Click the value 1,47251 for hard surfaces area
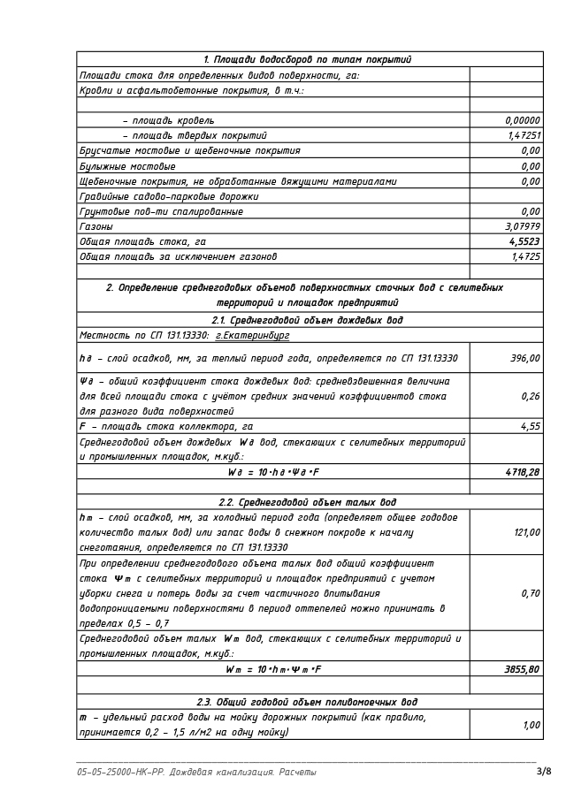coord(524,135)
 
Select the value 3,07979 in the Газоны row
coord(523,226)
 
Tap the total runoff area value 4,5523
coord(524,241)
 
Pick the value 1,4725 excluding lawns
coord(525,256)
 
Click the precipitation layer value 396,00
coord(525,358)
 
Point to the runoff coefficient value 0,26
coord(531,396)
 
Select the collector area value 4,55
coord(531,426)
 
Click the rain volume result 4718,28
coord(523,472)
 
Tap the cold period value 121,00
coord(525,532)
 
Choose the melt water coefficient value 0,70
coord(531,593)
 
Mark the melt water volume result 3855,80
coord(522,669)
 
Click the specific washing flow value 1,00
coord(532,725)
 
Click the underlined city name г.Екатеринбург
coord(252,336)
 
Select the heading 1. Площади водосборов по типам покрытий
coord(307,59)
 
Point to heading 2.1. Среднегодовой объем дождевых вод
coord(307,320)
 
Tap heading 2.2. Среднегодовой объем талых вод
coord(307,502)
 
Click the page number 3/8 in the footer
coord(544,772)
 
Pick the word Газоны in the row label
coord(96,226)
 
